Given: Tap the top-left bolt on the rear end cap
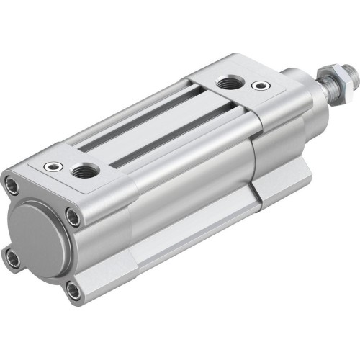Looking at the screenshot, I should [12, 185].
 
